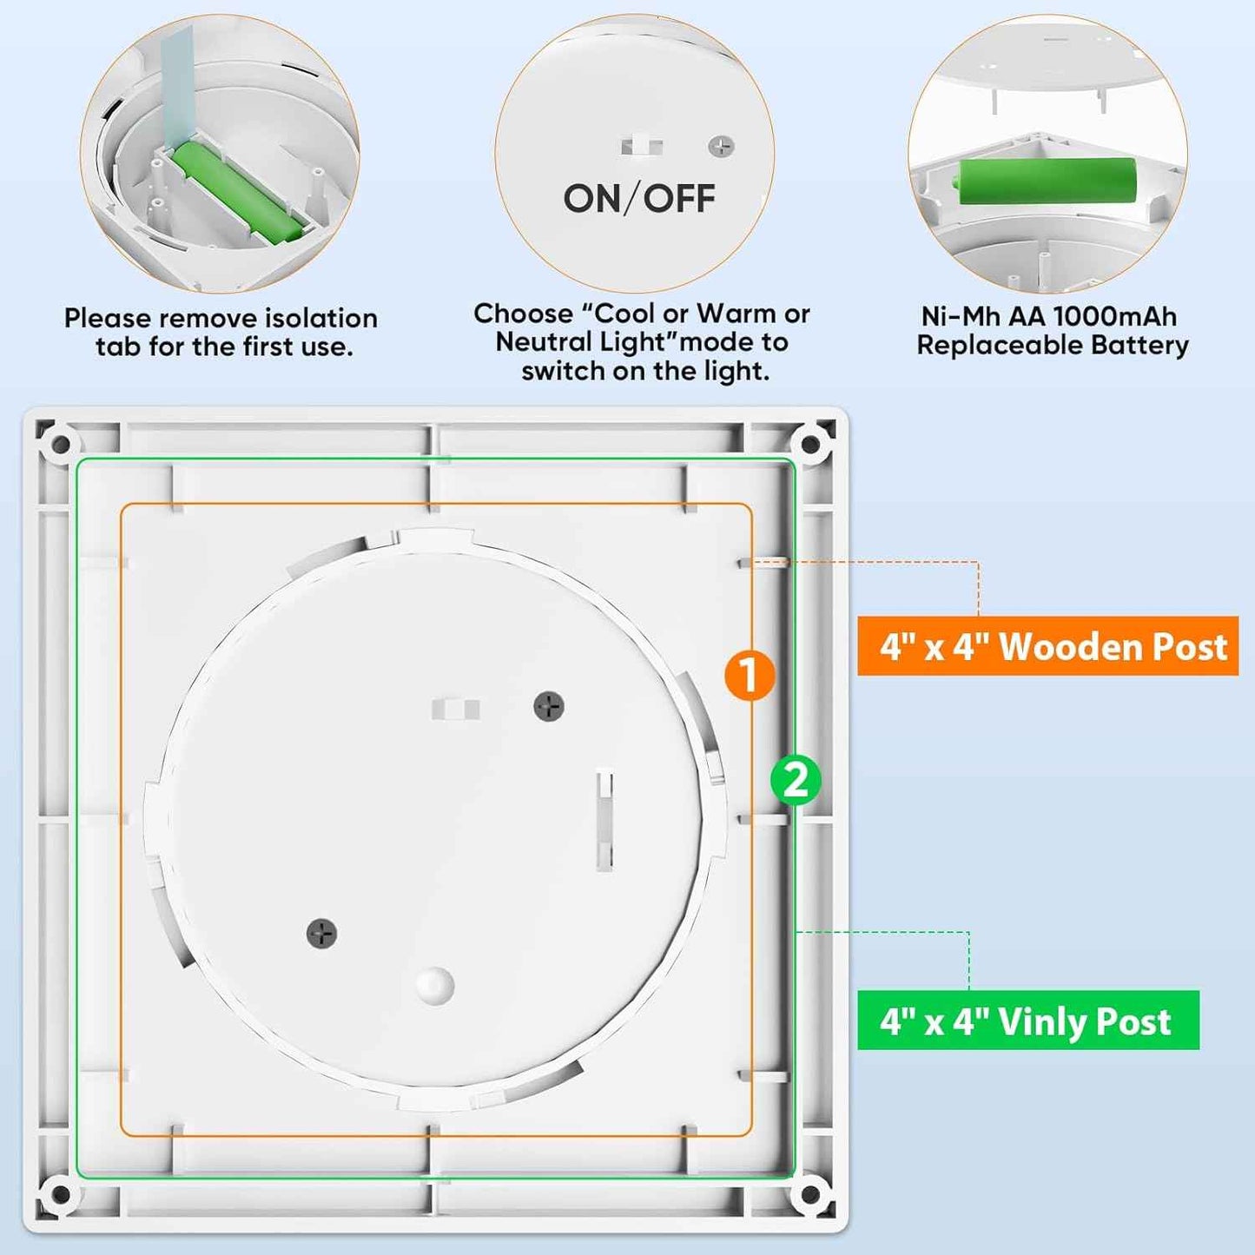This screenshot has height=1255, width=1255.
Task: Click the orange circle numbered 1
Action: point(749,675)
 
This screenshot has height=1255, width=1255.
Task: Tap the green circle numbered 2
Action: point(795,779)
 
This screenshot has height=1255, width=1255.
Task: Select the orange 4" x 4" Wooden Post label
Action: point(1047,646)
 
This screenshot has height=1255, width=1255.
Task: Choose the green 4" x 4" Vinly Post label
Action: point(1027,1021)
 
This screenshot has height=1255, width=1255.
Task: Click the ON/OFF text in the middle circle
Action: point(639,199)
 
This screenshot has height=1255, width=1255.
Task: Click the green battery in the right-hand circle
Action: point(1047,181)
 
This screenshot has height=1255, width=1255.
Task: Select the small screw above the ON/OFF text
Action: point(721,147)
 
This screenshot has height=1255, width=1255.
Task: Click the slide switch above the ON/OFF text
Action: point(642,146)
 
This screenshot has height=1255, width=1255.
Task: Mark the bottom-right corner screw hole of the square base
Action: point(809,1194)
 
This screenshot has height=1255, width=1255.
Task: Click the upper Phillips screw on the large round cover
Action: point(548,706)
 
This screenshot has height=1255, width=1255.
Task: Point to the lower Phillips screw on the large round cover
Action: point(321,934)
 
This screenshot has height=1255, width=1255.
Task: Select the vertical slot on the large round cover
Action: point(604,820)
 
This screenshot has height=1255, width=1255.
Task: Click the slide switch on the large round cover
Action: point(455,709)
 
